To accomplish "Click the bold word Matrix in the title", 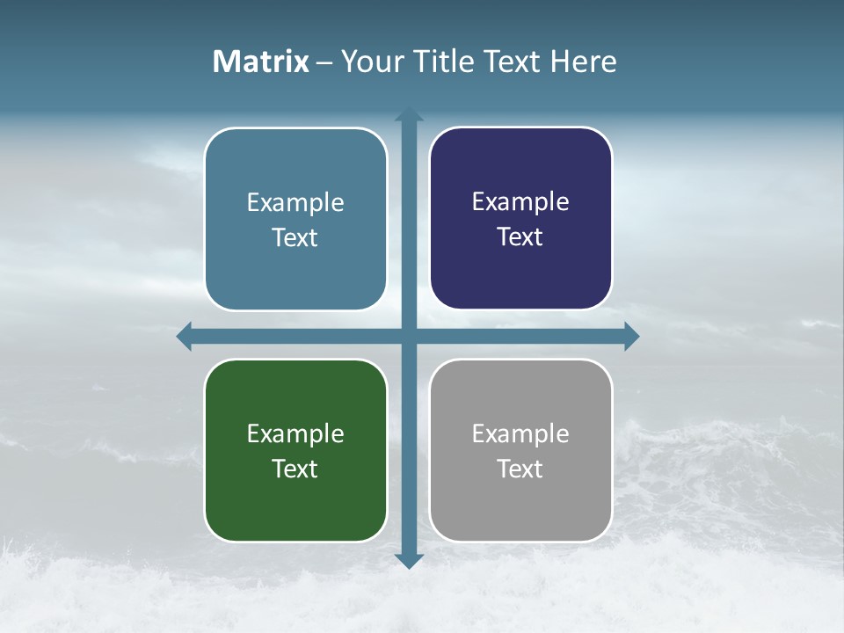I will (x=260, y=62).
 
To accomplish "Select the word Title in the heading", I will (x=442, y=62).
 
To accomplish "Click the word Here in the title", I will (x=583, y=62).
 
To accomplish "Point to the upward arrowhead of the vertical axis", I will (x=409, y=113).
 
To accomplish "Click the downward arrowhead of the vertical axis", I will (x=409, y=561).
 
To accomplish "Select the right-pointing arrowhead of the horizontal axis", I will (x=631, y=337).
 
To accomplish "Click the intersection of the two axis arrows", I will (x=409, y=337).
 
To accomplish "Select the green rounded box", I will (x=295, y=501).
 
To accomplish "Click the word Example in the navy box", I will (x=520, y=201).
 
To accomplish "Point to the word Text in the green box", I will (x=295, y=469).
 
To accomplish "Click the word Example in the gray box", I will (x=520, y=433).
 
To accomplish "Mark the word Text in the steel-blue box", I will (x=295, y=237).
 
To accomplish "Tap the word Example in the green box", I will (x=295, y=433).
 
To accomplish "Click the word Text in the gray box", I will (x=520, y=469).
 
